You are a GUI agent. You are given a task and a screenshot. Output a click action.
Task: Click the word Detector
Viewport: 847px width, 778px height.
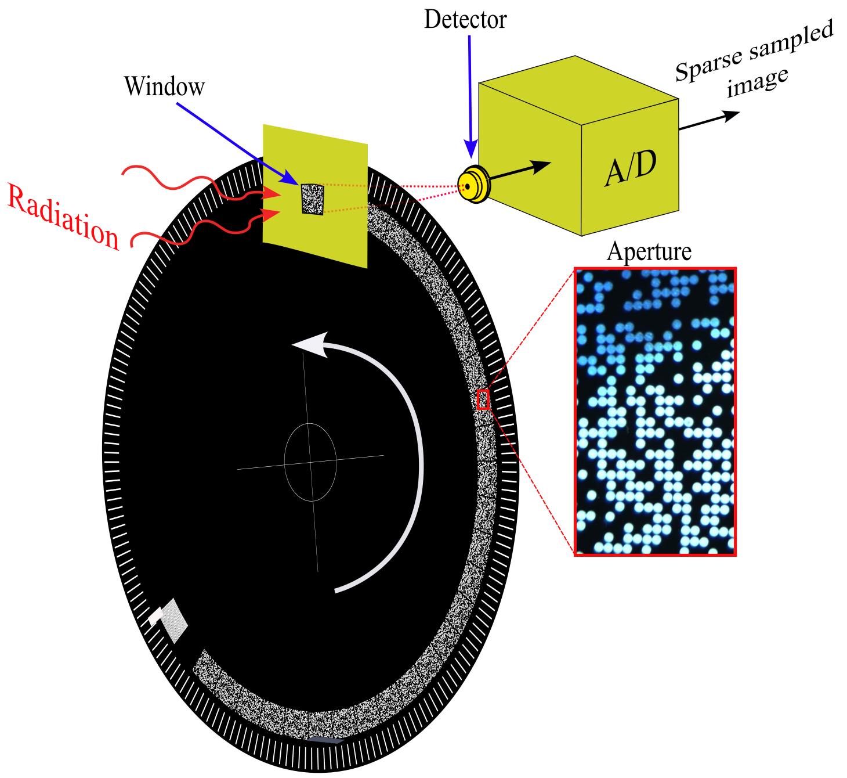[465, 19]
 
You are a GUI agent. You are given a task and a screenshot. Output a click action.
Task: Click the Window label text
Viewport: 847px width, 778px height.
[164, 86]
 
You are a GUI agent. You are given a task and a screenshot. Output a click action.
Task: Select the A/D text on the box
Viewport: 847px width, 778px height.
[631, 168]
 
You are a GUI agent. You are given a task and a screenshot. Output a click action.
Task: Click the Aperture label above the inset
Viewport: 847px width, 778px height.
[649, 252]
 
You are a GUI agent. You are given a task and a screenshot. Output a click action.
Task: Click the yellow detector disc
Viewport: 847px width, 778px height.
[473, 184]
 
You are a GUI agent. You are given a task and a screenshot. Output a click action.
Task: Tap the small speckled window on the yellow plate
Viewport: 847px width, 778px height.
[313, 199]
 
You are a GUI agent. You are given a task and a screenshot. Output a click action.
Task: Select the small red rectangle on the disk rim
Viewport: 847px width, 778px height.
[483, 399]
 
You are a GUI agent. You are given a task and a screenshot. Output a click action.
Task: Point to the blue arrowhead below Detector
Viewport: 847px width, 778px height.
[471, 149]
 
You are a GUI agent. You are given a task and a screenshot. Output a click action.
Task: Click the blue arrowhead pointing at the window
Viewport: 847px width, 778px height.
[291, 177]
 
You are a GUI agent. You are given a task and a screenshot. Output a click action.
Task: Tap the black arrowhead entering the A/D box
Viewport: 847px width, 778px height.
[540, 166]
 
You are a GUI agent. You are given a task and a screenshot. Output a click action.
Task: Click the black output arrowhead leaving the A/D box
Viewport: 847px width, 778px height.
[731, 116]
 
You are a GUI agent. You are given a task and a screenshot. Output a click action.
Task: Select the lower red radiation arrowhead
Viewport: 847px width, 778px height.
[271, 215]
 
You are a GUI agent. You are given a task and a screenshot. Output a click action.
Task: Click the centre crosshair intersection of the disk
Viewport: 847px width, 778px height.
[311, 462]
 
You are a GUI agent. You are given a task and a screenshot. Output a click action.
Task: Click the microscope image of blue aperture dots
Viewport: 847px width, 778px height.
[656, 411]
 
